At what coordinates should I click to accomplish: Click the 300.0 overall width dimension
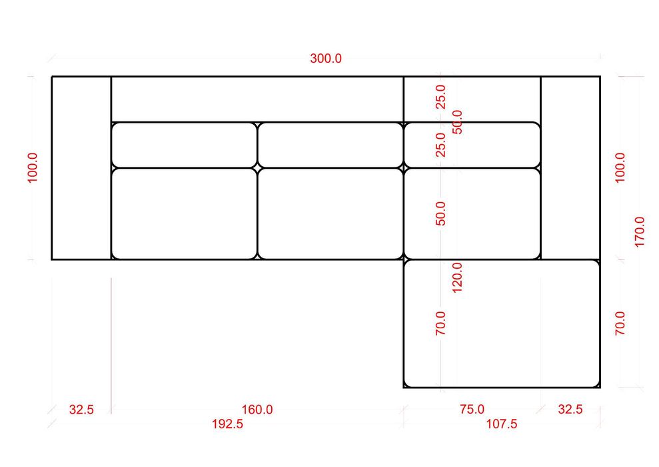[326, 58]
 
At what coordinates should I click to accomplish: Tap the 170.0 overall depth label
[639, 231]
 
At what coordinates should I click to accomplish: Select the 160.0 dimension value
[257, 410]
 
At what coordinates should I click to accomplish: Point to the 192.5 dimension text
[227, 424]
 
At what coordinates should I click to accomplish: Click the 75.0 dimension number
[472, 410]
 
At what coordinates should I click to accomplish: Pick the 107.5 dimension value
[502, 424]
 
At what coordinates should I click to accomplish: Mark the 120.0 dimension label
[457, 278]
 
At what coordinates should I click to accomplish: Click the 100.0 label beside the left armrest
[33, 167]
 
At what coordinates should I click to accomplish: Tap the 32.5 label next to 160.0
[81, 410]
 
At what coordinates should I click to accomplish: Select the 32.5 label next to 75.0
[570, 410]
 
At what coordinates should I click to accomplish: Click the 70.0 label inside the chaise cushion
[440, 323]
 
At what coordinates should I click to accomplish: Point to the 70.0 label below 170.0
[620, 323]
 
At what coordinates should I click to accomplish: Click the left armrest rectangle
[81, 168]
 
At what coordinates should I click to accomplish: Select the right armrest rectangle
[570, 168]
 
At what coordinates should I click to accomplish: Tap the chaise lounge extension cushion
[501, 324]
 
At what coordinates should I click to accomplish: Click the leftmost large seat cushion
[184, 213]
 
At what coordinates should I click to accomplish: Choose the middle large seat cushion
[330, 213]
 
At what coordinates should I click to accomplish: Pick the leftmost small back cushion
[184, 145]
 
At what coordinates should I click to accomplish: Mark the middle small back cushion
[330, 145]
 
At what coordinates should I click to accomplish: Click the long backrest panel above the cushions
[257, 99]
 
